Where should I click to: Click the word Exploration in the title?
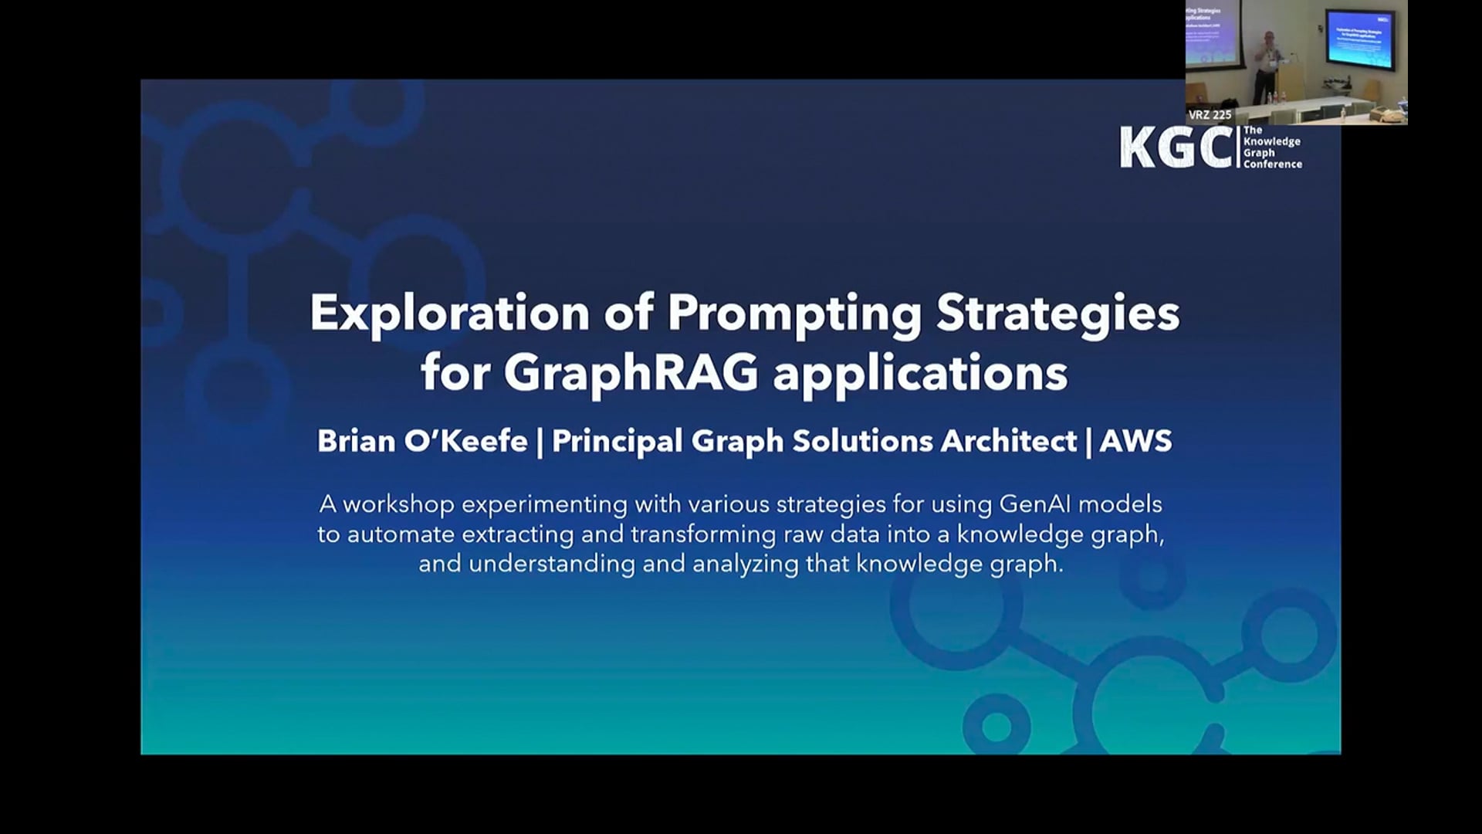click(449, 314)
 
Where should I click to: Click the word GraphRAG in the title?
click(631, 374)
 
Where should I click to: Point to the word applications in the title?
click(920, 374)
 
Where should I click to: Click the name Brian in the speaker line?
click(355, 441)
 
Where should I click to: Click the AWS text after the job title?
click(1135, 441)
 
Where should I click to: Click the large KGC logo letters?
click(1176, 147)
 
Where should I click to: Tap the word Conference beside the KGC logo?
click(1272, 164)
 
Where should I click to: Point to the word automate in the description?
click(401, 534)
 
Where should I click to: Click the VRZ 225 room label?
click(1210, 115)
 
